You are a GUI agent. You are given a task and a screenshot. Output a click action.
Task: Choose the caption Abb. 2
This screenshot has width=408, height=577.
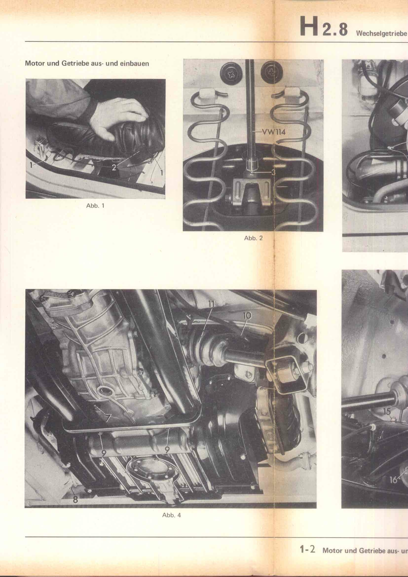[253, 238]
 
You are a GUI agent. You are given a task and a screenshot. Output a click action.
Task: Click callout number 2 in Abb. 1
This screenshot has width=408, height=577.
[114, 168]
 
